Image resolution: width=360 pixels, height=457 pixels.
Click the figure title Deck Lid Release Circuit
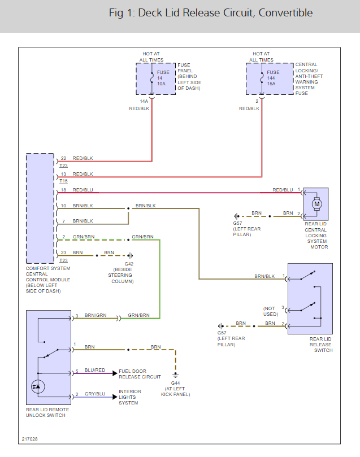click(210, 13)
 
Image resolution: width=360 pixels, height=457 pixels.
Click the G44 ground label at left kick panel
click(176, 384)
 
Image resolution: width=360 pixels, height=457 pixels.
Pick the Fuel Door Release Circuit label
click(140, 373)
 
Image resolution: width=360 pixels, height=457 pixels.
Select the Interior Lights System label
click(130, 397)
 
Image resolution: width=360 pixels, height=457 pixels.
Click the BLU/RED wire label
click(95, 370)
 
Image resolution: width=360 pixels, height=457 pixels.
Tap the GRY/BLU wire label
click(95, 394)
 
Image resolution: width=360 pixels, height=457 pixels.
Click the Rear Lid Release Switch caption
click(320, 345)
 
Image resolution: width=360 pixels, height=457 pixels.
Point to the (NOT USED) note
click(271, 311)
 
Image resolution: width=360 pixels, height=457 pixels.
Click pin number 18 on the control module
click(64, 189)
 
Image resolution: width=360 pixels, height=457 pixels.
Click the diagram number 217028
click(30, 438)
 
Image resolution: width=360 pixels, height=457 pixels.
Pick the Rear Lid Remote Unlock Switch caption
click(47, 412)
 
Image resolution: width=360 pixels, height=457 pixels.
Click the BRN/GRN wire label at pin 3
click(96, 315)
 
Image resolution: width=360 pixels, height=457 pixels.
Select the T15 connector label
click(63, 181)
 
